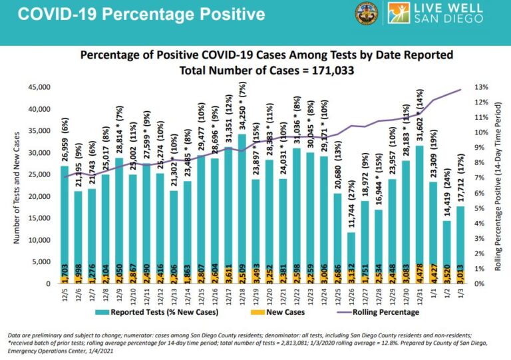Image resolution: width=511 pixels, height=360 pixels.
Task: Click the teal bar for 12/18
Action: pos(242,200)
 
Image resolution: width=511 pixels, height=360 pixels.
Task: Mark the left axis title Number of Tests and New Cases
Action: pos(13,184)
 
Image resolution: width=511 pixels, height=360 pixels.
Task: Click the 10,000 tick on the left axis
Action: pos(39,240)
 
